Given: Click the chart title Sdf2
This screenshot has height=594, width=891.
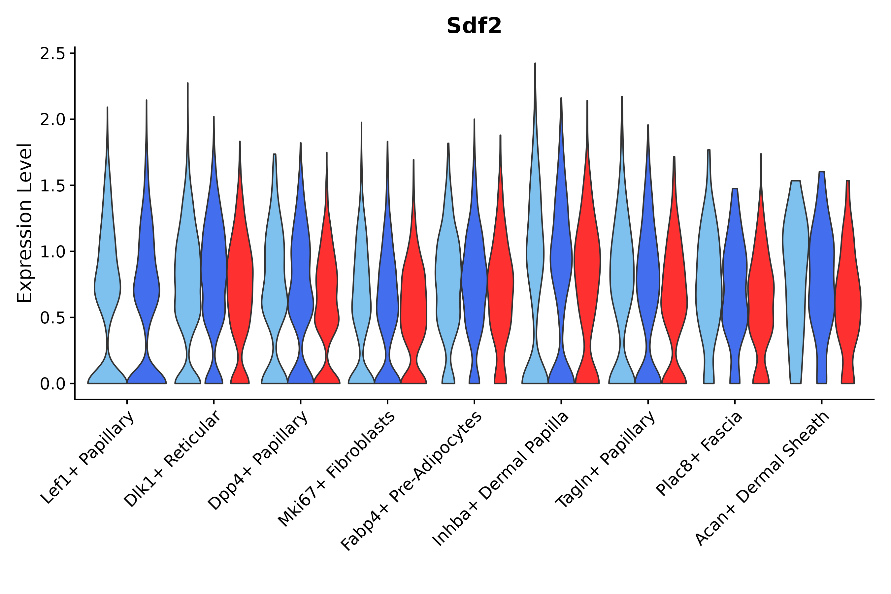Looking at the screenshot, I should click(474, 26).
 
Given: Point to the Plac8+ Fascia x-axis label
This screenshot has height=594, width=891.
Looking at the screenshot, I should click(699, 453).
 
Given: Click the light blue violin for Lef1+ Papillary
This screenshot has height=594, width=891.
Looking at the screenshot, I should click(107, 288).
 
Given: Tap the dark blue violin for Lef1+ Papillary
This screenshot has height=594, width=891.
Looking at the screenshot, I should click(147, 288).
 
